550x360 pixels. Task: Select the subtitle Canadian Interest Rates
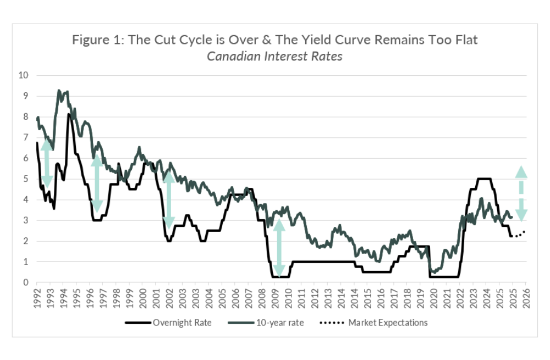tap(274, 56)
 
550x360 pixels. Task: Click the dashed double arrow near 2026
tap(520, 193)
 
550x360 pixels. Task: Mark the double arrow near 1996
tap(97, 183)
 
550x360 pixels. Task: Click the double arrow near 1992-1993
tap(47, 163)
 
